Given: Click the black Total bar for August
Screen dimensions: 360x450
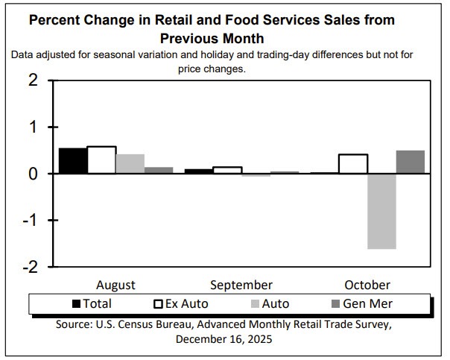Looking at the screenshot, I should (x=72, y=160).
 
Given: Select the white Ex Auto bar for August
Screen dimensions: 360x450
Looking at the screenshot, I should (x=101, y=160).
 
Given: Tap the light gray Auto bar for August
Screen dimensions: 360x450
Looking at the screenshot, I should (x=130, y=164).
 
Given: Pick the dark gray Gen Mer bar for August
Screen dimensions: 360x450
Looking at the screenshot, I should (x=159, y=170).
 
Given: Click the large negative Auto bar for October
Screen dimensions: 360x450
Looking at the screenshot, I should (x=381, y=211).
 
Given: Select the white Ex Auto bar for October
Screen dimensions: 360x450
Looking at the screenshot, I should (x=353, y=164).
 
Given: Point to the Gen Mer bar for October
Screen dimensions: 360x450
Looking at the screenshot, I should (x=410, y=162).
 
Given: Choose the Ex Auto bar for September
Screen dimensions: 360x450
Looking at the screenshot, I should (x=227, y=170).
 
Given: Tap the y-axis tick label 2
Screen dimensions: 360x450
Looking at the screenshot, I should (x=32, y=80).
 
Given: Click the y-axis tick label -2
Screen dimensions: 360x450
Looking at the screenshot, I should (x=28, y=267).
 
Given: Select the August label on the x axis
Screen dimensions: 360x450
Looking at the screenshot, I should (x=115, y=285).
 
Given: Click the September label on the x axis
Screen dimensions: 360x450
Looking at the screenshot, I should (x=241, y=285).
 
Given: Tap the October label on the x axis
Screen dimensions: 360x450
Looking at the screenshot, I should (x=367, y=285).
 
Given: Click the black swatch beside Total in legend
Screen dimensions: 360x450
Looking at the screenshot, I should (x=77, y=304).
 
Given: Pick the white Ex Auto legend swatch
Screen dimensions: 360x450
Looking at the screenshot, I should (x=157, y=304).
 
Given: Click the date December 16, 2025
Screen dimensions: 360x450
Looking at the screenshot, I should (x=224, y=338).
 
